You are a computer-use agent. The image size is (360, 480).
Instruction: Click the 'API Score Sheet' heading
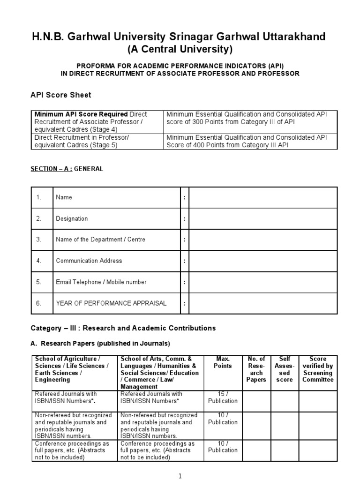coord(61,95)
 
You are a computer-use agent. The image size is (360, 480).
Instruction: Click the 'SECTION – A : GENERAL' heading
coord(67,169)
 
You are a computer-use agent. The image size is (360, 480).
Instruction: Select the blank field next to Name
coord(262,197)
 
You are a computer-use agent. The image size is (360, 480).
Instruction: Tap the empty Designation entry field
coord(262,218)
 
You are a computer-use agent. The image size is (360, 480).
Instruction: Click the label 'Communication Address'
coord(89,261)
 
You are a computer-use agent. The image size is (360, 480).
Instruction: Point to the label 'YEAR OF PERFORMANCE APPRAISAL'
coord(111,303)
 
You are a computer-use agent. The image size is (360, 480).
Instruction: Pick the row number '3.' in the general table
coord(39,240)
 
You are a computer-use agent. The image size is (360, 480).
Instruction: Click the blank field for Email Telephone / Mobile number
coord(262,282)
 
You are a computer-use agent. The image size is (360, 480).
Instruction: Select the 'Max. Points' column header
coord(223,362)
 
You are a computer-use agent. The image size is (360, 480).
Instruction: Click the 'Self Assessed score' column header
coord(285,369)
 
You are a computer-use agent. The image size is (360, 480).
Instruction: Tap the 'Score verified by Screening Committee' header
coord(318,369)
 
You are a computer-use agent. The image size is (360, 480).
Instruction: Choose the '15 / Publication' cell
coord(223,397)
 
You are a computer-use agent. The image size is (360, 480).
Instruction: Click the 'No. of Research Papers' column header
coord(256,369)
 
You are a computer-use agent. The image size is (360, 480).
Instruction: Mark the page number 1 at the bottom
coord(180,476)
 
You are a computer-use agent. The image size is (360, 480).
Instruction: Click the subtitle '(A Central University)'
coord(180,49)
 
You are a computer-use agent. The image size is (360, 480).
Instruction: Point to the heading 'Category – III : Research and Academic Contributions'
coord(123,328)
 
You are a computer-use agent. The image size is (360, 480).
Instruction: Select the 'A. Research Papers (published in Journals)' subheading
coord(100,343)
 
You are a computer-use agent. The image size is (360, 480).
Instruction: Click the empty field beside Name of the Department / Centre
coord(262,240)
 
